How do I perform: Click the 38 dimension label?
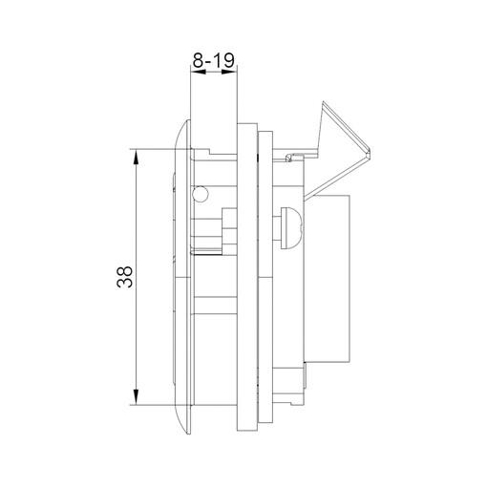(x=124, y=277)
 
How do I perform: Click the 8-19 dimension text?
(x=214, y=60)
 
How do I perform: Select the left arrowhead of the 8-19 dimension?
(x=198, y=73)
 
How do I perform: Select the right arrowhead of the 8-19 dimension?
(x=229, y=73)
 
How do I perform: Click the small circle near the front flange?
(x=201, y=194)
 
